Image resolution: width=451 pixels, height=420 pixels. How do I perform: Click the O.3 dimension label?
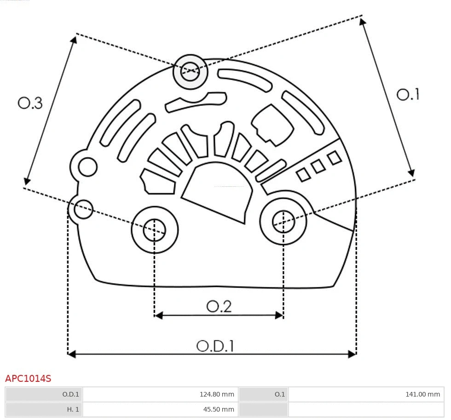30,103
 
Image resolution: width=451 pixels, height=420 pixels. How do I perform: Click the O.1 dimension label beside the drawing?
408,95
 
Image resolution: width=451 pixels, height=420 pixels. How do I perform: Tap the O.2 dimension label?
219,306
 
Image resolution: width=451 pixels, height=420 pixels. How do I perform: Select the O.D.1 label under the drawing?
215,346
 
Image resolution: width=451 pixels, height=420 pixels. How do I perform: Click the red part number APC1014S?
28,379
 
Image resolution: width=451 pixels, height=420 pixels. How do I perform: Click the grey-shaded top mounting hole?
190,71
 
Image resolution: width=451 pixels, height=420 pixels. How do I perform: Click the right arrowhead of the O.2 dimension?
279,315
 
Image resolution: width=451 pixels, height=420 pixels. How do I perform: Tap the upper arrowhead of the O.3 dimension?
74,39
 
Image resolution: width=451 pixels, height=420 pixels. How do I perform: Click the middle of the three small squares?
318,166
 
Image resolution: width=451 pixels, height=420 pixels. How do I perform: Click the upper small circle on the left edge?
87,167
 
